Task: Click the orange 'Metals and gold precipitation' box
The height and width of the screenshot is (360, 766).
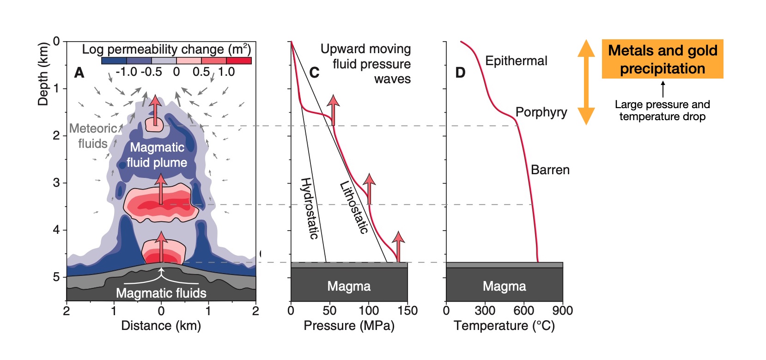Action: tap(662, 59)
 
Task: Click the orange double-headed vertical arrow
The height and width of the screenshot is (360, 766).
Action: tap(586, 82)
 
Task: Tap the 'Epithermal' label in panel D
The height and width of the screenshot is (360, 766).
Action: tap(516, 61)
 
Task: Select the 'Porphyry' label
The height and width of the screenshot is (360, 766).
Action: tap(541, 112)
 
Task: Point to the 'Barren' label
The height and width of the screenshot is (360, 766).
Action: tap(550, 170)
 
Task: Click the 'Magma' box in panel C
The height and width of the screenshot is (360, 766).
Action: tap(349, 286)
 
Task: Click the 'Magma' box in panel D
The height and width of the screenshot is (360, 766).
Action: tap(504, 286)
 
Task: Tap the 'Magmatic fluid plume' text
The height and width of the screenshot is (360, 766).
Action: tap(157, 155)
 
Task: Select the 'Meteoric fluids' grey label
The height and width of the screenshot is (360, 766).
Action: tap(93, 136)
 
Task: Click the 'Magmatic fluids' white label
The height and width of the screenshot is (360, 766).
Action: tap(161, 293)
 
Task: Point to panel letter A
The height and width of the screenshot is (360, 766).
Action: tap(79, 73)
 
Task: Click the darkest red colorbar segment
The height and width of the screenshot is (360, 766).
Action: tap(239, 61)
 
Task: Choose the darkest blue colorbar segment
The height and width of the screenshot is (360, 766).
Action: tap(114, 61)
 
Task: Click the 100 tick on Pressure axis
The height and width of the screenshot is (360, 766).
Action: tap(369, 311)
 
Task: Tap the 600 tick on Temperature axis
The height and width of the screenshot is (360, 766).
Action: tap(523, 311)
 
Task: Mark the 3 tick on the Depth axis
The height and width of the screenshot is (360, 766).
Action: tap(56, 183)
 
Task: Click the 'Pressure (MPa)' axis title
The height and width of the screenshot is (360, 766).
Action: tap(349, 326)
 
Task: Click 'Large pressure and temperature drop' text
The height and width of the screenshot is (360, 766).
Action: tap(662, 110)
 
